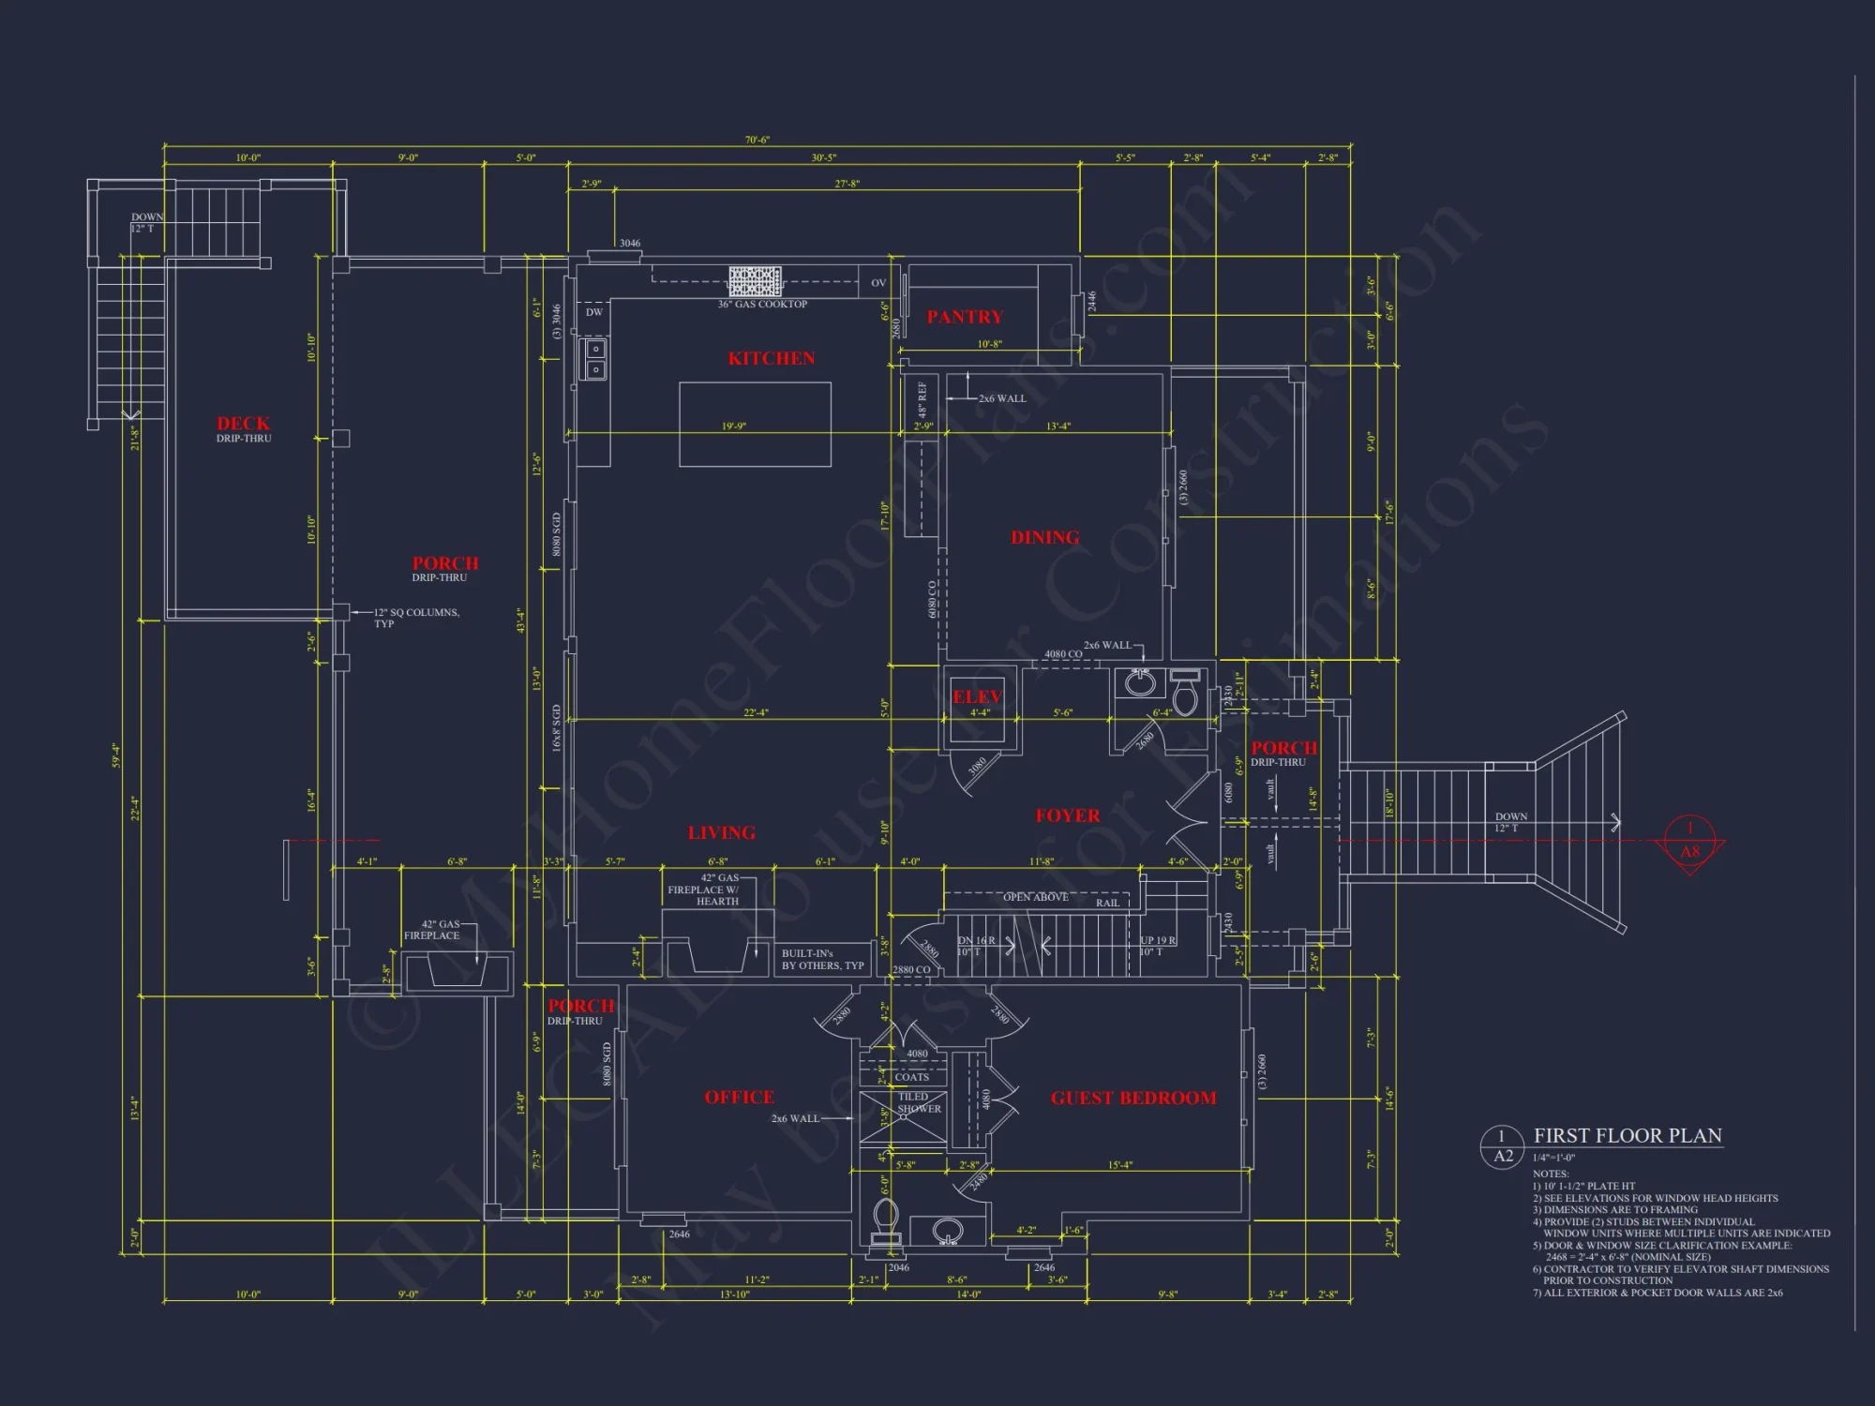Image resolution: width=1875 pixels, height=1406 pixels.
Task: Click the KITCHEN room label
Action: pos(772,359)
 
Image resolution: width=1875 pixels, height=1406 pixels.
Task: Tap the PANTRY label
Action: pos(965,318)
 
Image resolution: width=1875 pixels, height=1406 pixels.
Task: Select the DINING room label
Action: pos(1044,538)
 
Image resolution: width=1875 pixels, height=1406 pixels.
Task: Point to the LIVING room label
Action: pos(721,833)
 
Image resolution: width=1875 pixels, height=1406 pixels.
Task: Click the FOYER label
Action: pos(1067,816)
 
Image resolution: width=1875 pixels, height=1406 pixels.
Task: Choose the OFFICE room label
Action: pos(739,1098)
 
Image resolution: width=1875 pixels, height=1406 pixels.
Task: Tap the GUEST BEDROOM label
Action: pos(1132,1099)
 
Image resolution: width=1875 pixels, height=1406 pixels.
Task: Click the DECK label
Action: pos(243,425)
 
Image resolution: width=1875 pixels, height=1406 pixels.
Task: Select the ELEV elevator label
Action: pos(977,697)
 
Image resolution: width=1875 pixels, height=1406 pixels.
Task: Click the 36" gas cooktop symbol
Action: pos(755,281)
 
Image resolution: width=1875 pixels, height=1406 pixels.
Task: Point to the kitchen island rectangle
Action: pos(755,424)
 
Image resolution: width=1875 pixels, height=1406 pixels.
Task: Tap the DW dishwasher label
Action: pos(594,312)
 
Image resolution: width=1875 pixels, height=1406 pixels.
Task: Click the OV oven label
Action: pos(877,283)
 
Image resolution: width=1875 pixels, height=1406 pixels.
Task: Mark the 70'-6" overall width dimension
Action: pos(757,141)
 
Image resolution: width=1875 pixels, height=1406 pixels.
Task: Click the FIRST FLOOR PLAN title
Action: pos(1627,1136)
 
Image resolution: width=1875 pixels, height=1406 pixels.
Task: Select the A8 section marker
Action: pos(1689,851)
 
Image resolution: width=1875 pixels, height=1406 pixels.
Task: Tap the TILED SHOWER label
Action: pos(918,1102)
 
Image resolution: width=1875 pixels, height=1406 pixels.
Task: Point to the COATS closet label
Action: pos(911,1077)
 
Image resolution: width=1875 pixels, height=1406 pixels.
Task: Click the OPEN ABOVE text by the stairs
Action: pos(1035,897)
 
